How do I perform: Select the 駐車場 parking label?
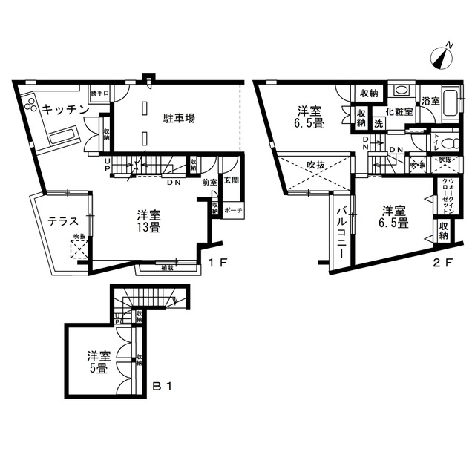click(179, 117)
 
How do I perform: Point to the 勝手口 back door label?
click(99, 93)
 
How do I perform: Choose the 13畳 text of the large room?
click(148, 227)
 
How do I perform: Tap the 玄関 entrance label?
click(230, 180)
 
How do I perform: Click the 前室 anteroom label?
click(209, 182)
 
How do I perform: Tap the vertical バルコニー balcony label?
click(342, 231)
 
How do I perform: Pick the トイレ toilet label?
click(436, 139)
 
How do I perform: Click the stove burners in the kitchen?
click(30, 105)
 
